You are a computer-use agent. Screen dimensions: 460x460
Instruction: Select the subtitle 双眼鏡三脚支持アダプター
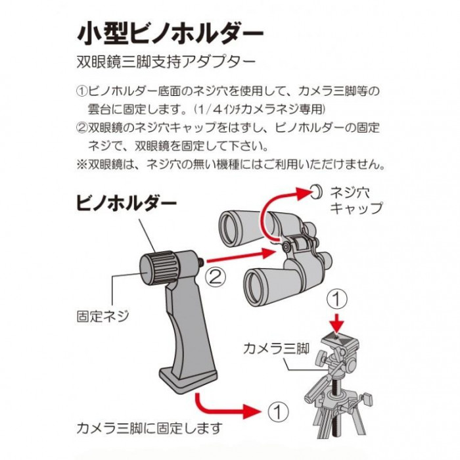(166, 62)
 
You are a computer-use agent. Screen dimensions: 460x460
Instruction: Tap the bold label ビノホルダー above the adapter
(126, 203)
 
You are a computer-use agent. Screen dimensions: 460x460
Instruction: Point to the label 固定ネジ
(103, 316)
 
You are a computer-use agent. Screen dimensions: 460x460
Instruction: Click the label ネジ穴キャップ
(356, 200)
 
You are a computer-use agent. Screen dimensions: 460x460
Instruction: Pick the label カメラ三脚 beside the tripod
(277, 349)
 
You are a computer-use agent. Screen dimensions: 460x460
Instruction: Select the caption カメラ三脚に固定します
(149, 428)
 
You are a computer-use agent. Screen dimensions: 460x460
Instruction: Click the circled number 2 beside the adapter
(216, 277)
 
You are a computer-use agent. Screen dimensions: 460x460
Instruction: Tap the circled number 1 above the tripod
(337, 299)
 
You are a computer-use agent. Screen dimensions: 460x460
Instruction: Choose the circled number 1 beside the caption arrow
(278, 411)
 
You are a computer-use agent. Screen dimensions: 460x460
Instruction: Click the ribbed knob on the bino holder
(159, 268)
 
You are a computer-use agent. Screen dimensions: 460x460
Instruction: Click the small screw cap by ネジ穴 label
(317, 192)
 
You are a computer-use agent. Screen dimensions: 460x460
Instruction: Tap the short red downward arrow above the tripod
(337, 323)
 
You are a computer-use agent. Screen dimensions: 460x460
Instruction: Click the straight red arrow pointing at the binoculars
(241, 256)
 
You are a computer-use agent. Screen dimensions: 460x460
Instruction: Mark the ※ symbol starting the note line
(81, 164)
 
